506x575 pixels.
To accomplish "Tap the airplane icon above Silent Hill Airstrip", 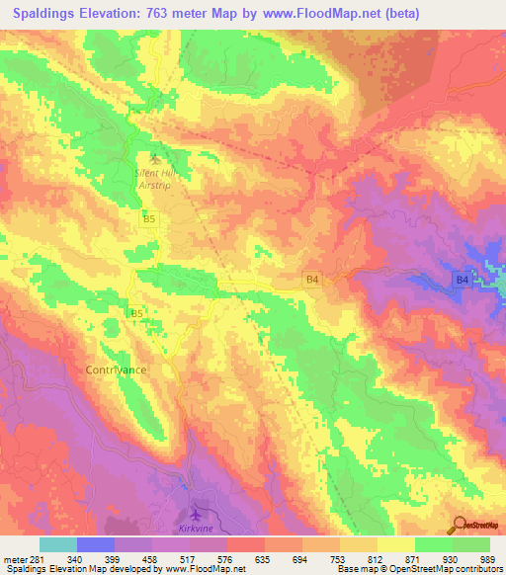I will (153, 157).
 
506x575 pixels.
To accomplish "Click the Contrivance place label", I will (109, 369).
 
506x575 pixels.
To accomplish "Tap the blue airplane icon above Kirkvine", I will (196, 515).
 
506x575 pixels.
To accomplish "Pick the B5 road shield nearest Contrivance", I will (138, 313).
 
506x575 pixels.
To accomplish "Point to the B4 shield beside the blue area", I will (462, 282).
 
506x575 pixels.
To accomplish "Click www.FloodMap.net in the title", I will (314, 13).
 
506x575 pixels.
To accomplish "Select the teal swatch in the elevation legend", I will (58, 544).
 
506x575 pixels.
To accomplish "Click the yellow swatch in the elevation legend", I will (395, 544).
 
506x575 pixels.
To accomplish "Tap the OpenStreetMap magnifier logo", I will (461, 526).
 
